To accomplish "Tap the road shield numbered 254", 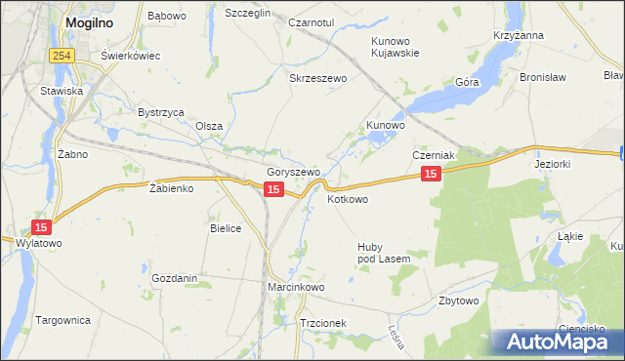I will coord(63,56).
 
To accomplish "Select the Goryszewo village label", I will coord(294,172).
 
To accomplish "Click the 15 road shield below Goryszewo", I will coord(273,189).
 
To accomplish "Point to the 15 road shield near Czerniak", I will coord(432,174).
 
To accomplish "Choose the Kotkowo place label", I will coord(348,199).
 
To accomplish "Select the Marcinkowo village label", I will coord(296,288).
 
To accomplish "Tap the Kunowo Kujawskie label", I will coord(396,47).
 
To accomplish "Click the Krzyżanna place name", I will coord(519,35).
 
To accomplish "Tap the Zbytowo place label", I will coord(459,301).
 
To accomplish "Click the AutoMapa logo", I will coord(557,342).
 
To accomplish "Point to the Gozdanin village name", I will coord(175,278).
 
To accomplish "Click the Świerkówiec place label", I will coord(130,56).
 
